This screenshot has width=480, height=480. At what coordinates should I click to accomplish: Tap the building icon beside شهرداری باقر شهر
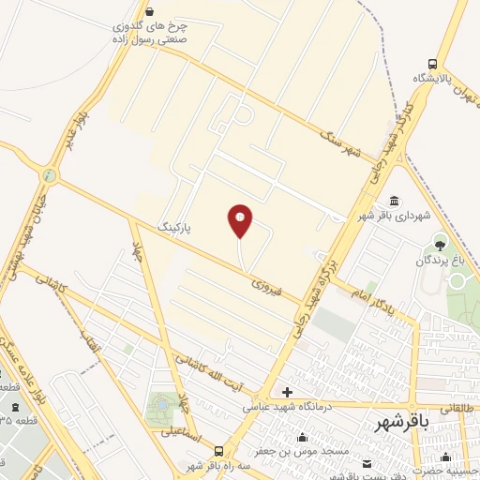coord(393,202)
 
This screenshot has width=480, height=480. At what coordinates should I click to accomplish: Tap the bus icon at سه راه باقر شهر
coord(218,451)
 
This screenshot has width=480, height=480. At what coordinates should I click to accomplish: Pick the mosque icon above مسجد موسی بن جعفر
coord(303,437)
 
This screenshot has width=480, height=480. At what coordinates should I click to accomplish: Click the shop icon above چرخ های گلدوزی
coord(150,11)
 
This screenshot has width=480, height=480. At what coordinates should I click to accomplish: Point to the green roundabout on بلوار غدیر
coord(49,174)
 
